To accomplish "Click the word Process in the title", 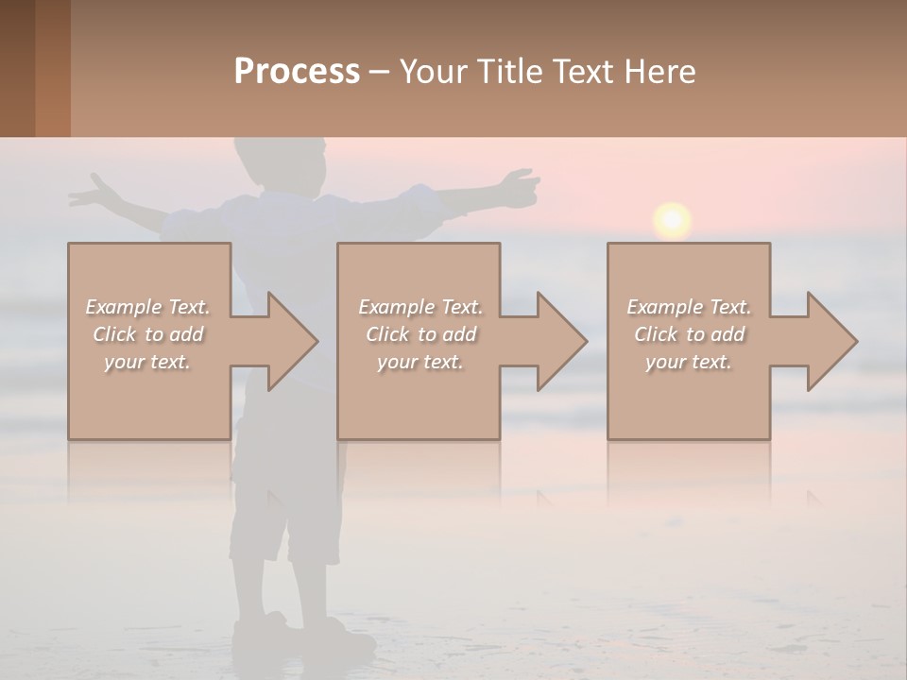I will (x=297, y=71).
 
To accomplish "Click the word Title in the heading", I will (x=509, y=71).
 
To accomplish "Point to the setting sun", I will (x=672, y=220).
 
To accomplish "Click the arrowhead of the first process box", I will (x=289, y=341).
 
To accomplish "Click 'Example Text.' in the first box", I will (x=148, y=307).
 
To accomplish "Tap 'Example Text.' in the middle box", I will (x=420, y=307).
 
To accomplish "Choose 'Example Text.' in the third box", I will (x=689, y=307).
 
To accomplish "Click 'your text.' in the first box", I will (x=148, y=362).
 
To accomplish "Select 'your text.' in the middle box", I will (x=420, y=362).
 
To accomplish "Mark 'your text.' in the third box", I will (x=689, y=362).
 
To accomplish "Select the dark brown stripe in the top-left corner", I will (x=17, y=68).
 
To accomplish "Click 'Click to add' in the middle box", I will (x=420, y=334).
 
